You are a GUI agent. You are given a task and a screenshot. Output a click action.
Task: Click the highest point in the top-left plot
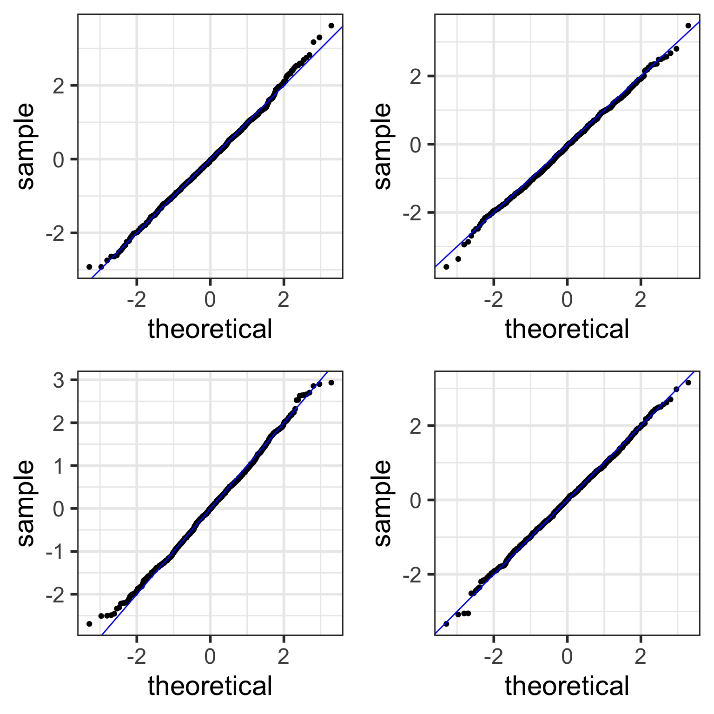coord(331,26)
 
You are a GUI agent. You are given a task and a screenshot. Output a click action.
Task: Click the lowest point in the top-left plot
coord(89,267)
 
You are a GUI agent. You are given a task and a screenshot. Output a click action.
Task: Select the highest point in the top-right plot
coord(688,26)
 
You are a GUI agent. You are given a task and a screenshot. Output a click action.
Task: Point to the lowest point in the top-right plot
coord(446,267)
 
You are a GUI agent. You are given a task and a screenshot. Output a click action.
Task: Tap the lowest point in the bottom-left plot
coord(89,624)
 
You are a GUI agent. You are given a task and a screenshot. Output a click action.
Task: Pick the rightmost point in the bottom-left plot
coord(331,383)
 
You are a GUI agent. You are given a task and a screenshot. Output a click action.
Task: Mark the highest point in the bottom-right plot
coord(688,383)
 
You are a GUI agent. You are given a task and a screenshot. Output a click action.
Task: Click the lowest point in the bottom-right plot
coord(446,624)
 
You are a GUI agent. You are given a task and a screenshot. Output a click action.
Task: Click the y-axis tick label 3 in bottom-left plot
coord(58,380)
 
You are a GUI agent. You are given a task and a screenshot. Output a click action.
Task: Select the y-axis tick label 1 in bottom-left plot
coord(58,466)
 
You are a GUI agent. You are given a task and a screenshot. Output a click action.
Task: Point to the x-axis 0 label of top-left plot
coord(210,300)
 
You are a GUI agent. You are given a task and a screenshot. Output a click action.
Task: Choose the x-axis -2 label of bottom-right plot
coord(493,657)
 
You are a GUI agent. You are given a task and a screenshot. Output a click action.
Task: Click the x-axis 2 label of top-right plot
coord(641,300)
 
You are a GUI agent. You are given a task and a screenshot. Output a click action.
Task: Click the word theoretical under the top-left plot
coord(210,330)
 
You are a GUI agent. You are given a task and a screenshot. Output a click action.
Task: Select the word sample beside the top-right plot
coord(383,146)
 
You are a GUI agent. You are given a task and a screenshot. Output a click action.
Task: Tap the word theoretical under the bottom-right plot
coord(567,687)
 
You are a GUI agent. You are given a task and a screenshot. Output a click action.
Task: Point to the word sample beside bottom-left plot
coord(26,503)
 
